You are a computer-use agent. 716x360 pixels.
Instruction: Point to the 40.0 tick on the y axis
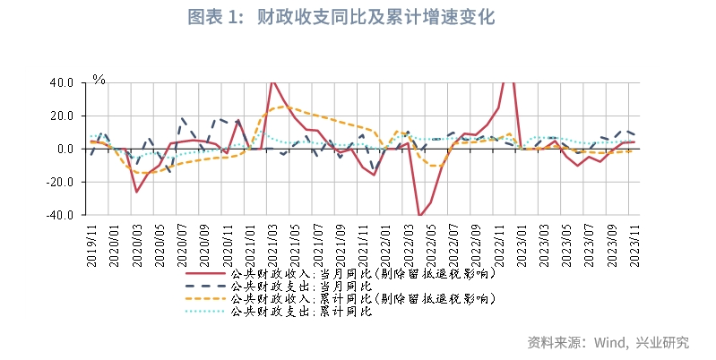pos(62,82)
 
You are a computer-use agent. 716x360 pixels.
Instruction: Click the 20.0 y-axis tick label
pos(62,116)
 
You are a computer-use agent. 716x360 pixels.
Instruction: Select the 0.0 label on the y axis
pos(65,149)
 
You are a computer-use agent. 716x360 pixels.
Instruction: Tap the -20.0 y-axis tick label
pos(60,182)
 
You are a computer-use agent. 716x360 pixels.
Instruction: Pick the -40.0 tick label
pos(60,215)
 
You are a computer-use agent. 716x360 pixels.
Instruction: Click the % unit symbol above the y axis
pos(99,80)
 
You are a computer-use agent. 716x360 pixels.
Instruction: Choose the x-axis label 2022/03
pos(409,243)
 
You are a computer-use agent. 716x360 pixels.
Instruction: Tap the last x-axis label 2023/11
pos(635,243)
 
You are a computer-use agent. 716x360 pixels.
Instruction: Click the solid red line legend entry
pos(341,273)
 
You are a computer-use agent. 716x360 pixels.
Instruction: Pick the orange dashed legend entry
pos(341,298)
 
